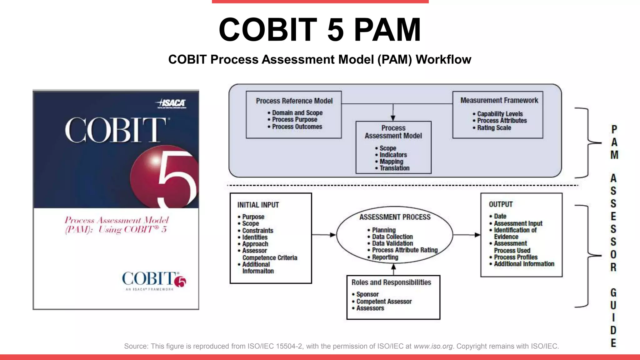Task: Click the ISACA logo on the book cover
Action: point(171,103)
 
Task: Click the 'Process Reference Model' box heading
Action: point(294,101)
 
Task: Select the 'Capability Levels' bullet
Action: point(500,114)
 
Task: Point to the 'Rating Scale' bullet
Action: point(494,127)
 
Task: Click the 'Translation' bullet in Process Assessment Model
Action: point(394,168)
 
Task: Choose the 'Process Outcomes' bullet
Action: point(297,127)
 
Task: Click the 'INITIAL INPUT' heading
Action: point(258,205)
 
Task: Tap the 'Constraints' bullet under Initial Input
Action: point(257,230)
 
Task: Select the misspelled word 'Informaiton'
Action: point(258,271)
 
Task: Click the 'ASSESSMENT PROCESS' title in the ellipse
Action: point(395,217)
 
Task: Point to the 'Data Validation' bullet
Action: point(392,243)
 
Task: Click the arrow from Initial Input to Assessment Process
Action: point(324,235)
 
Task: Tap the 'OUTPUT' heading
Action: point(501,204)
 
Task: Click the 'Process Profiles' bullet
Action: point(516,257)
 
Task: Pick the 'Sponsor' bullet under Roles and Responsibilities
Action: point(367,294)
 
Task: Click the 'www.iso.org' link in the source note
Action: point(433,346)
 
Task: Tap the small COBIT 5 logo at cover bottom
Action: point(154,280)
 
